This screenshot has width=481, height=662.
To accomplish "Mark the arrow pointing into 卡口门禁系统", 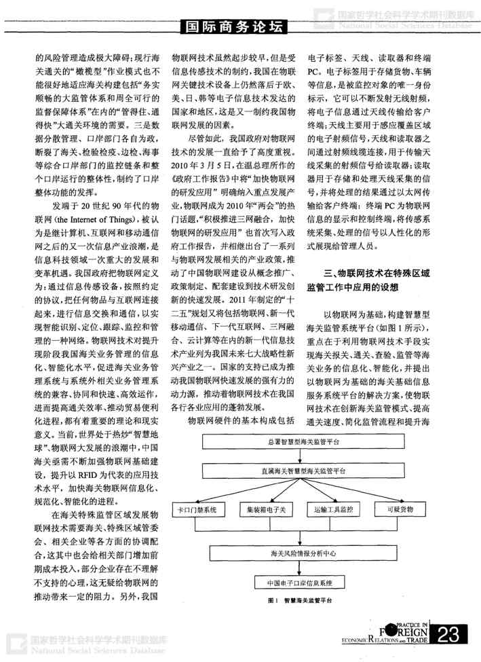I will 197,494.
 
